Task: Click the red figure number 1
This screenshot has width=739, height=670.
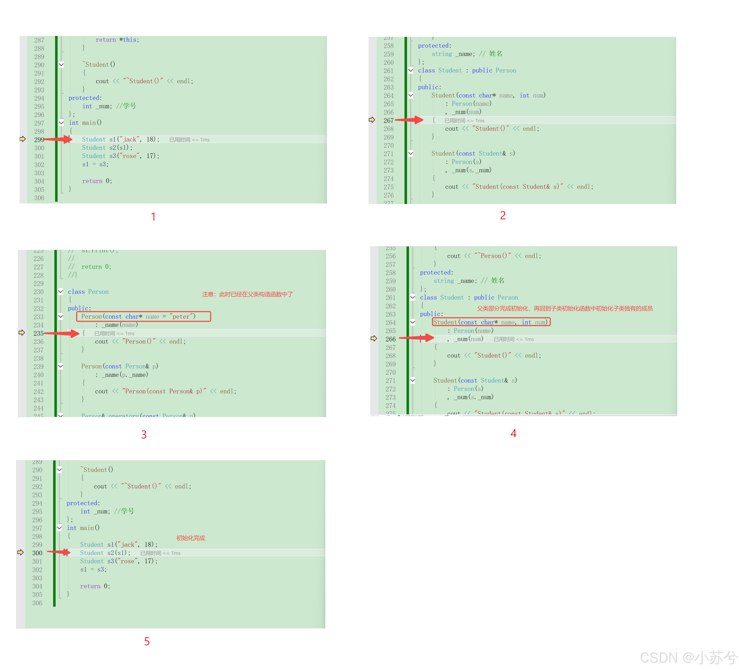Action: [153, 217]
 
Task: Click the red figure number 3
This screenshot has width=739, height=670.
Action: [144, 435]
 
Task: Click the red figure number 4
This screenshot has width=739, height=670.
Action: [513, 433]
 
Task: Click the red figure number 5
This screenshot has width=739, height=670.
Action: [147, 641]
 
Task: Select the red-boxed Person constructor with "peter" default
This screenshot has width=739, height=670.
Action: [143, 316]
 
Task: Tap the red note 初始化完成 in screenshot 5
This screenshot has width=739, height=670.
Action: [191, 538]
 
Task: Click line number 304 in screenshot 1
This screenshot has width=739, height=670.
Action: [39, 181]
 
